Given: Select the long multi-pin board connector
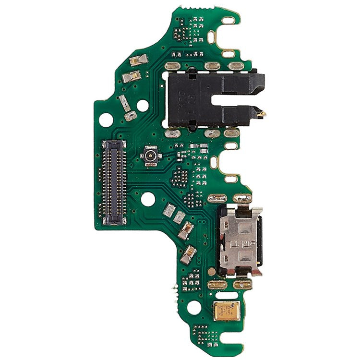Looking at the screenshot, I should [x=114, y=183].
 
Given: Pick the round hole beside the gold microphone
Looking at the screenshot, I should [x=194, y=307].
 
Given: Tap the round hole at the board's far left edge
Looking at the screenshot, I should [x=106, y=120].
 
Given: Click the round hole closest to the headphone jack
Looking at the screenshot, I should [x=143, y=105].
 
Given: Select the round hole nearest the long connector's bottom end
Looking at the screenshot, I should [x=148, y=199].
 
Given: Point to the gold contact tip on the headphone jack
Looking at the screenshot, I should [x=261, y=114].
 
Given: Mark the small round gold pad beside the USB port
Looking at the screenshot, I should [x=211, y=272].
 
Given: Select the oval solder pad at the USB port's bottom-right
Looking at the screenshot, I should [x=243, y=284].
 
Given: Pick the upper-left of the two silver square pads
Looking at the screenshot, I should [x=169, y=210].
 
